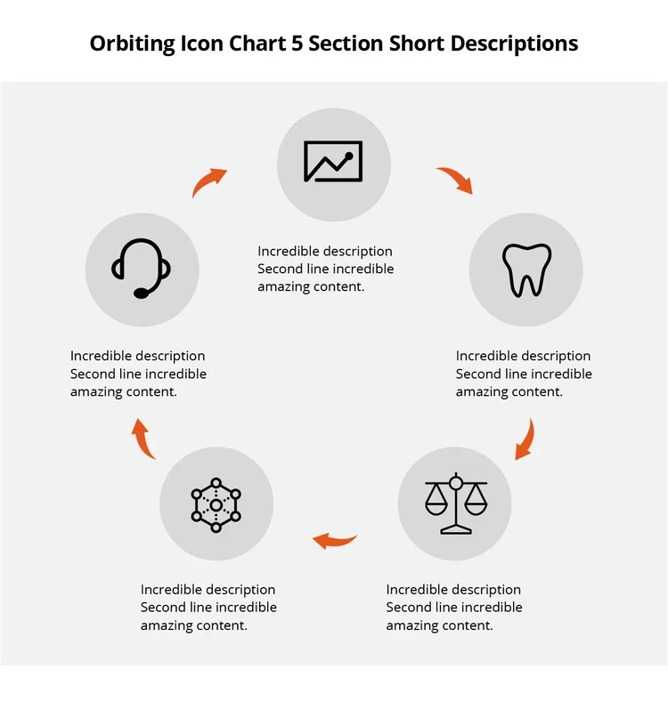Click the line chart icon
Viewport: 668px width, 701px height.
coord(333,162)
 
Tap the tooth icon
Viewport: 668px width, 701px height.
coord(525,270)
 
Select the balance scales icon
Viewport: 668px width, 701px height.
coord(455,504)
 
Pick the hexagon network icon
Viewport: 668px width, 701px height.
coord(216,504)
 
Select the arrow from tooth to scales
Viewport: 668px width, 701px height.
coord(525,439)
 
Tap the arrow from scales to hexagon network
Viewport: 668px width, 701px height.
coord(335,539)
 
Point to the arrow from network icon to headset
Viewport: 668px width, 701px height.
coord(143,439)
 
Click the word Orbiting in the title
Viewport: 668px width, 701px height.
coord(132,44)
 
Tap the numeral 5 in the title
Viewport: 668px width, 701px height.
coord(297,43)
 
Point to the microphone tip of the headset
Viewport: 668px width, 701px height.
coord(141,293)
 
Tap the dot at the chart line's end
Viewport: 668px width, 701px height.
coord(351,156)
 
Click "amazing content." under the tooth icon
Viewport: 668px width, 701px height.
coord(509,391)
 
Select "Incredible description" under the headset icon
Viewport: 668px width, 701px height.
coord(137,356)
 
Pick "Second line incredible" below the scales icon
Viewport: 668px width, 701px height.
coord(454,608)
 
